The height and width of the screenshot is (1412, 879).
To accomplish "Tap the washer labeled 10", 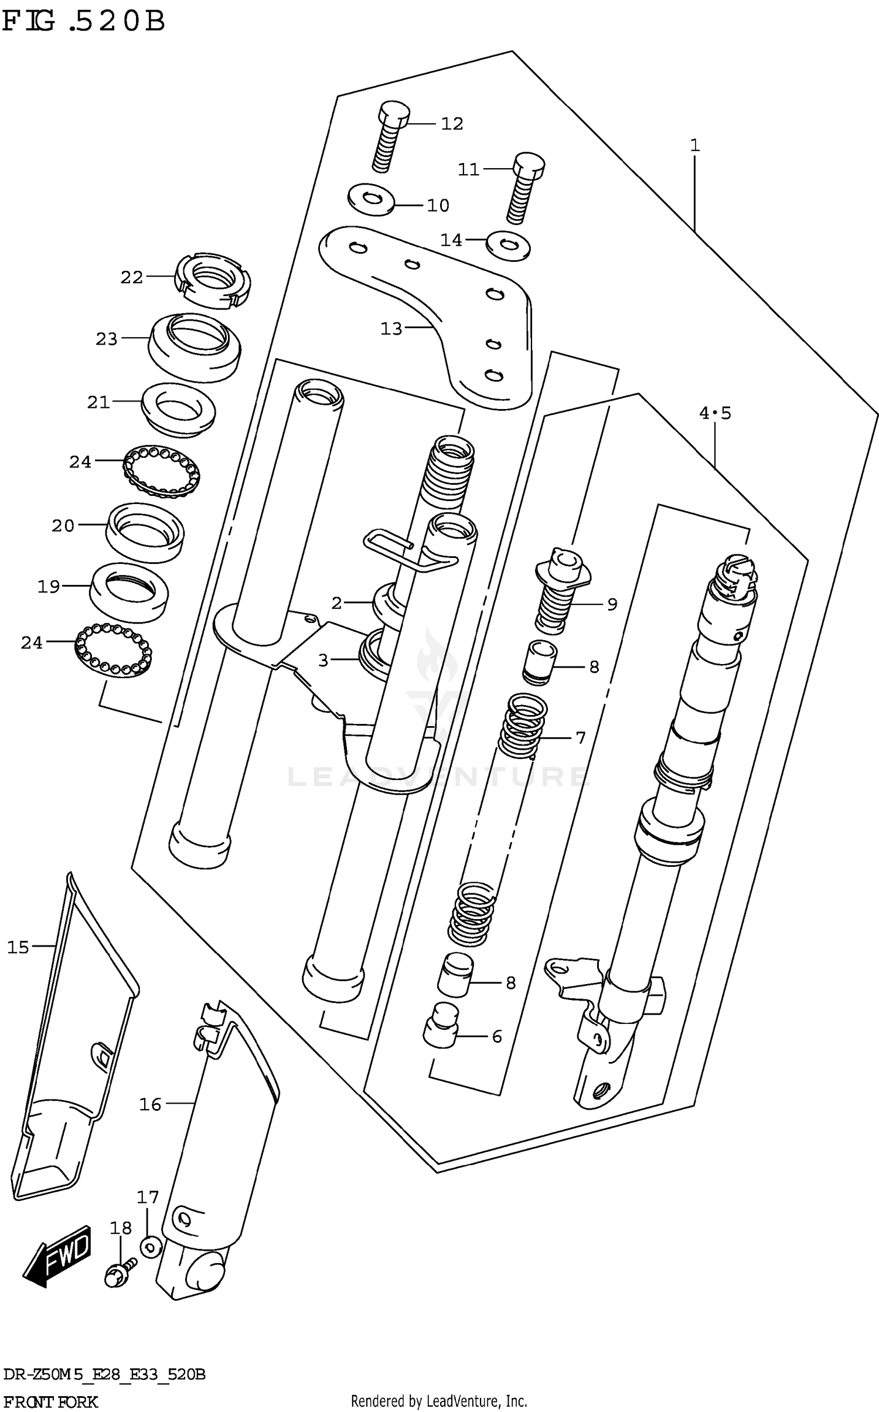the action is (x=370, y=200).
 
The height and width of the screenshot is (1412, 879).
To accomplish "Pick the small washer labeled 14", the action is (x=508, y=244).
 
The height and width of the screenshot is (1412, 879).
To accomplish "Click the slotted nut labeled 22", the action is (x=213, y=280).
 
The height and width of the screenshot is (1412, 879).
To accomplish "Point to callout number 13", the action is (x=391, y=329).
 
